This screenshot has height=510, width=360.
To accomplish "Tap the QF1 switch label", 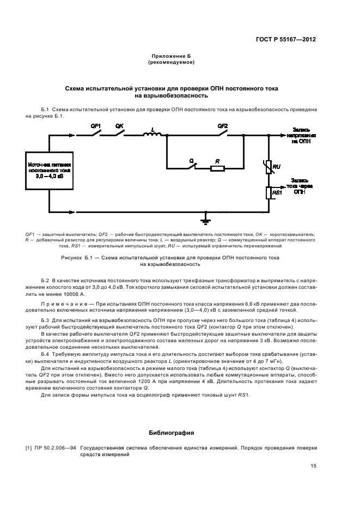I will [95, 126].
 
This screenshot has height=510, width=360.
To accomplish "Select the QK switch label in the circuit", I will [120, 126].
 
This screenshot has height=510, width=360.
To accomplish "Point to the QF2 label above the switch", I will [222, 126].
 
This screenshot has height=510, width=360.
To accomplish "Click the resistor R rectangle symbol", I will [217, 168].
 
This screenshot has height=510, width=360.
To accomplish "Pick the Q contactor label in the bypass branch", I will [191, 162].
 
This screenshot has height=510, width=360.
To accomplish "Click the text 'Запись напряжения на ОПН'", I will [301, 135].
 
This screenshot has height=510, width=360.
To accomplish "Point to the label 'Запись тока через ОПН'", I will [301, 186].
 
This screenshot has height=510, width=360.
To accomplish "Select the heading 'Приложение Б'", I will [172, 57].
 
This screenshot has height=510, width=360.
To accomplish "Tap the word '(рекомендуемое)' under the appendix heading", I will [172, 63].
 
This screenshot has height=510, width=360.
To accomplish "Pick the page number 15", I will [314, 466].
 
